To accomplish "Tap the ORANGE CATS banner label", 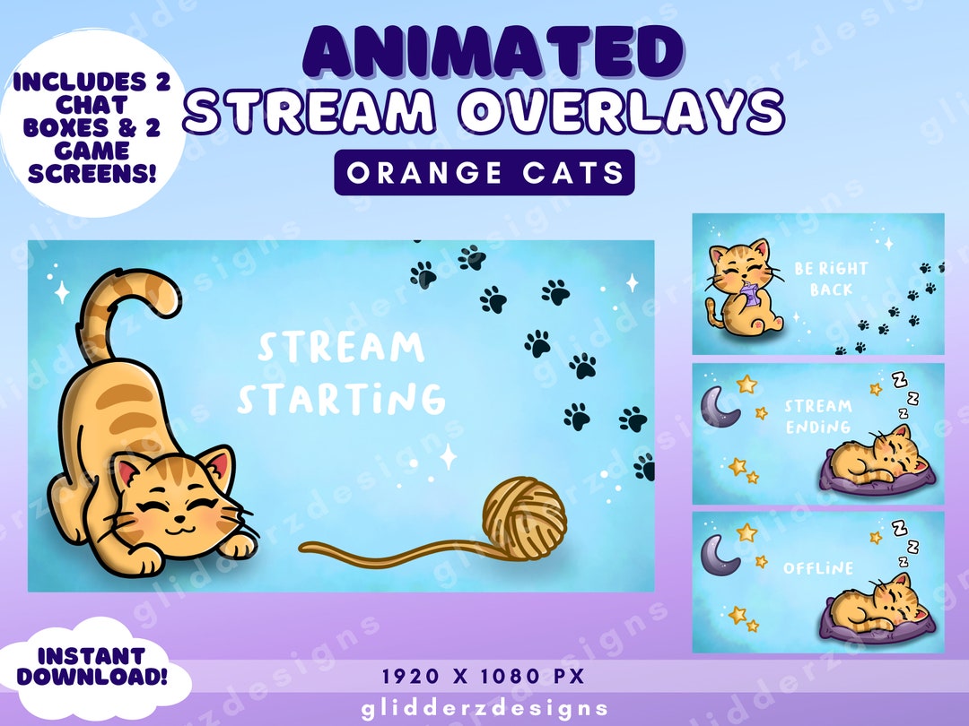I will pyautogui.click(x=484, y=172).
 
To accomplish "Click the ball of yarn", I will pyautogui.click(x=524, y=517).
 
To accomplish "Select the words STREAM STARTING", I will pyautogui.click(x=341, y=373).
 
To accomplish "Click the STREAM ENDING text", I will pyautogui.click(x=817, y=416).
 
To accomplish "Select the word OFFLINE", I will pyautogui.click(x=817, y=568).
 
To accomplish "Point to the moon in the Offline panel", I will pyautogui.click(x=720, y=556).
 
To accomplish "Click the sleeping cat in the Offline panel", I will pyautogui.click(x=875, y=604).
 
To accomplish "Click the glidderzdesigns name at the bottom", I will pyautogui.click(x=484, y=709).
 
